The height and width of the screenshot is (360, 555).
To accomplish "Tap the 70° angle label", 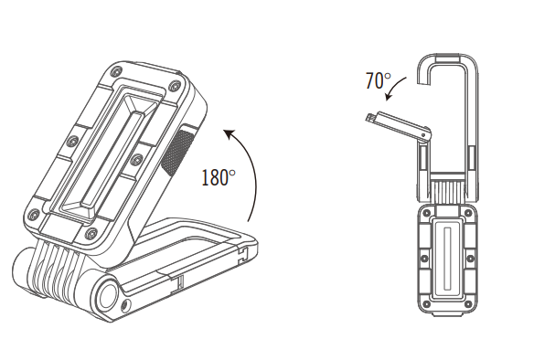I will click(378, 80).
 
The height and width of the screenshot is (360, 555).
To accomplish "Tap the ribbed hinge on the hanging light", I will click(449, 189).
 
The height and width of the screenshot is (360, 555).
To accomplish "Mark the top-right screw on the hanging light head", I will click(471, 216).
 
